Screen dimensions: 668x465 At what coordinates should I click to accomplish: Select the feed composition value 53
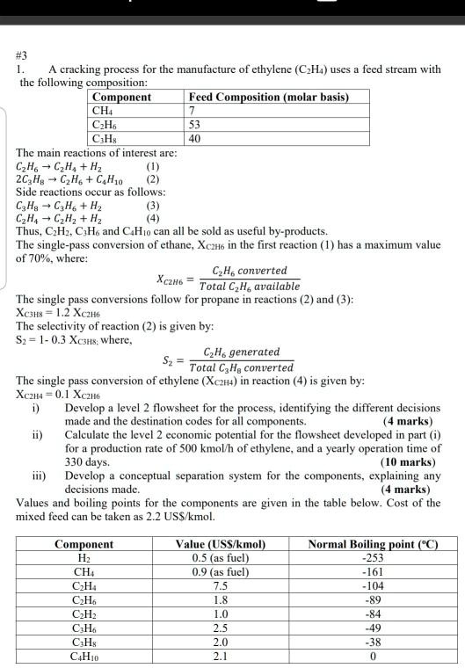coord(195,125)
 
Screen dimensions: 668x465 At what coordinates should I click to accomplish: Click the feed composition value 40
coord(195,139)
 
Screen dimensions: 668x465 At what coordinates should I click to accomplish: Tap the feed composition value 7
coord(191,111)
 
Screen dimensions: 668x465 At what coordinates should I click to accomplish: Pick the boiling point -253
coord(373,558)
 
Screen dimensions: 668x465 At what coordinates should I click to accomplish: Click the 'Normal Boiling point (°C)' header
coord(373,544)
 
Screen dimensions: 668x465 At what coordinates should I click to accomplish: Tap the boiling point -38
coord(373,642)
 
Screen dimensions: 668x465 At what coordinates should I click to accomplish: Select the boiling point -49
coord(373,628)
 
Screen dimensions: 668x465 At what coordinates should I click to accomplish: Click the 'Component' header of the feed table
coord(121,97)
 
